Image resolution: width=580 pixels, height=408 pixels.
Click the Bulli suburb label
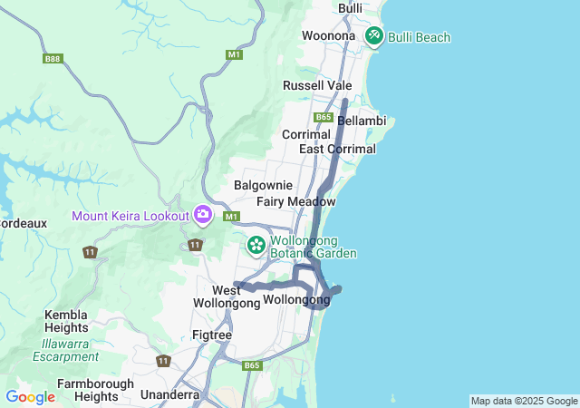(x=349, y=8)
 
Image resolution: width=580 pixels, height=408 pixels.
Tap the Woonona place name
(x=328, y=35)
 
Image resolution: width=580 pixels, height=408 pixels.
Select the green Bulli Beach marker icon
(x=374, y=35)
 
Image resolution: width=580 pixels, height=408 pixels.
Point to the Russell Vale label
(x=317, y=85)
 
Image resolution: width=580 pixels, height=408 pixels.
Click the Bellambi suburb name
(x=362, y=121)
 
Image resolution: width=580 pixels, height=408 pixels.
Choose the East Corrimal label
(x=337, y=149)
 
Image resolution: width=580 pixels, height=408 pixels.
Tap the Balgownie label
(x=263, y=185)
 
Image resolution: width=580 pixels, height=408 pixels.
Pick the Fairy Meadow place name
(x=295, y=201)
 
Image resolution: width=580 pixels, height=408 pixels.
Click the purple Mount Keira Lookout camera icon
(x=203, y=215)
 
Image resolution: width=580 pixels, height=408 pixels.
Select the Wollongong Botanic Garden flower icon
(x=256, y=244)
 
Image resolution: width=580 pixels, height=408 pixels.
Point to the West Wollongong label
(x=227, y=297)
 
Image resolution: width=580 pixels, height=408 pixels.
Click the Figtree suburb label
(x=212, y=335)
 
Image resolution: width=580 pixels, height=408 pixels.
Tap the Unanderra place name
(x=170, y=395)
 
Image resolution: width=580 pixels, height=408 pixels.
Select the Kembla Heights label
(x=66, y=321)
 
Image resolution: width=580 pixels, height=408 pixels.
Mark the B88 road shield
(x=53, y=59)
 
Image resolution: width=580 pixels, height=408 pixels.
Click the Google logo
(x=30, y=397)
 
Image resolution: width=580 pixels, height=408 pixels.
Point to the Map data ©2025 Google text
(x=524, y=401)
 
